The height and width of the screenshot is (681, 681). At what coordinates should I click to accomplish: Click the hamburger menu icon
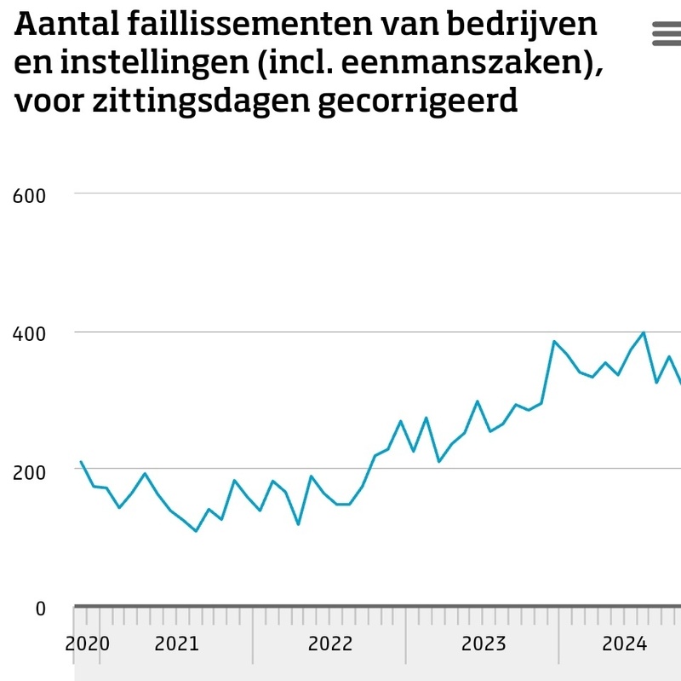coord(666,33)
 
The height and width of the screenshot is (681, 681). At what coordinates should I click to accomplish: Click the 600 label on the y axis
coord(29,195)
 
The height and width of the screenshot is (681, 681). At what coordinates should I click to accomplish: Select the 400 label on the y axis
coord(29,332)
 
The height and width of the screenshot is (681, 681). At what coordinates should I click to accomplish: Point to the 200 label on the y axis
coord(29,470)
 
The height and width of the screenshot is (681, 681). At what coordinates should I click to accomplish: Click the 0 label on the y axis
coord(40,609)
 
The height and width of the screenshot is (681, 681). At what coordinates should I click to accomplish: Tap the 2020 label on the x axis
coord(88,643)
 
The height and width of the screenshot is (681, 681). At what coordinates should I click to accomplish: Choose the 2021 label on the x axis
coord(176,643)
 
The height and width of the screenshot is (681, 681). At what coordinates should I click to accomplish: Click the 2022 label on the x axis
coord(330,643)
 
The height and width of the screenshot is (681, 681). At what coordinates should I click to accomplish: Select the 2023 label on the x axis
coord(484,643)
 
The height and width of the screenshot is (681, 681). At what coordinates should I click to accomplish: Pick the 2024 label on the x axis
coord(625,643)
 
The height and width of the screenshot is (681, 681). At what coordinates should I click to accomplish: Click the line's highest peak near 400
coord(644,332)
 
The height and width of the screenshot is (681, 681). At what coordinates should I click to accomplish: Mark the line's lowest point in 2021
coord(196,531)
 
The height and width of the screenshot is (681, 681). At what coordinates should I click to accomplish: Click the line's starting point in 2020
coord(81,462)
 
